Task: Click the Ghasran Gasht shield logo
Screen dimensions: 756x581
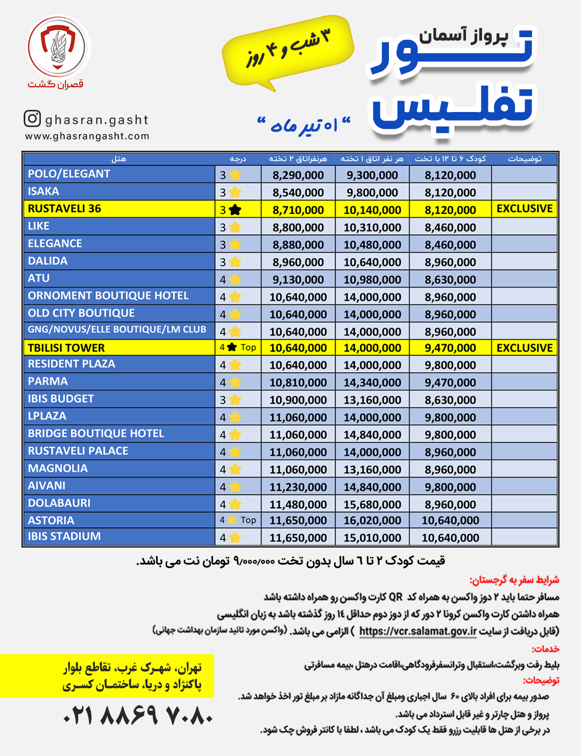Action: [59, 47]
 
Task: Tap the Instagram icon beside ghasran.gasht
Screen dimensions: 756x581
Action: [32, 118]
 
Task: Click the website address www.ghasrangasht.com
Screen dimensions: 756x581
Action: [87, 136]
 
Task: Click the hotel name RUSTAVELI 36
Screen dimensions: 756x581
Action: [65, 209]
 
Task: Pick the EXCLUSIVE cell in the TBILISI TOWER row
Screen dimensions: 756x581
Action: [525, 348]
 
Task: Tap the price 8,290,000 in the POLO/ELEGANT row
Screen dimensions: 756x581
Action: [298, 175]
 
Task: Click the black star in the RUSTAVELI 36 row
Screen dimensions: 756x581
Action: [235, 210]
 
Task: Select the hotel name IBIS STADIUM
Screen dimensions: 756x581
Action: [65, 536]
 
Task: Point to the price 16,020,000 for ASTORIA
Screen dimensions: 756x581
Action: [372, 521]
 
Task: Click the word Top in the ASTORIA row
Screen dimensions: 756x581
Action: [249, 520]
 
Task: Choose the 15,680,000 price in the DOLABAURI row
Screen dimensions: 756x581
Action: [372, 505]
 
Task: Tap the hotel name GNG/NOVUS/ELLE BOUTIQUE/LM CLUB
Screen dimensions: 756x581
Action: [117, 330]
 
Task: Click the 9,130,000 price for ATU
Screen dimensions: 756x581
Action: [298, 279]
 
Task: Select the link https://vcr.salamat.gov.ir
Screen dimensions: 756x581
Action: [418, 631]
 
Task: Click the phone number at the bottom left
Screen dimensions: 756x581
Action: [138, 716]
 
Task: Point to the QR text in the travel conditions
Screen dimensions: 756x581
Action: [396, 597]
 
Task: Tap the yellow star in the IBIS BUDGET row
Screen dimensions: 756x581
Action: [235, 400]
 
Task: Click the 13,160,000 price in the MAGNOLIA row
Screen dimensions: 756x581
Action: [372, 470]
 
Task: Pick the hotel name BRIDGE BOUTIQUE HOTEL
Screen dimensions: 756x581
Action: [96, 433]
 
